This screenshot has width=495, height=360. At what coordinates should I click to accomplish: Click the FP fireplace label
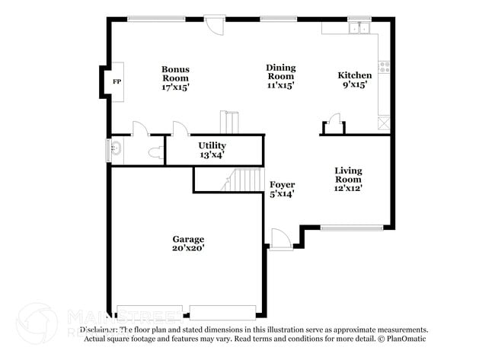click(117, 81)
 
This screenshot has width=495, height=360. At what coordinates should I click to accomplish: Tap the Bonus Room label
click(175, 74)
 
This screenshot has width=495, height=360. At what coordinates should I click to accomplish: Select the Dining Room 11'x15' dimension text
click(280, 85)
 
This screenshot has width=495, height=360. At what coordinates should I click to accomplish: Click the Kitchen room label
click(355, 75)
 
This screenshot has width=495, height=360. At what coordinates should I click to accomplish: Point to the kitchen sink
click(358, 29)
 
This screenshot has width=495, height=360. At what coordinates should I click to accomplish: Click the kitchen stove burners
click(385, 67)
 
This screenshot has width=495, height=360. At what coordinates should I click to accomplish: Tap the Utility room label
click(212, 145)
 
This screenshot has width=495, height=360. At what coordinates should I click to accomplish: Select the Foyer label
click(282, 185)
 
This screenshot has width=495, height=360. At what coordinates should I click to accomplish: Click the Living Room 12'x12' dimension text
click(347, 187)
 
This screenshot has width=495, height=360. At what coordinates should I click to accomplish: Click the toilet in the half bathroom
click(155, 153)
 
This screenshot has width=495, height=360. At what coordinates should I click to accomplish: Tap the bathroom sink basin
click(115, 148)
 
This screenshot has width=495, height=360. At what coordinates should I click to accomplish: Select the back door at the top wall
click(216, 26)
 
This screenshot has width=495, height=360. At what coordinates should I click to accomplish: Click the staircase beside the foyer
click(245, 180)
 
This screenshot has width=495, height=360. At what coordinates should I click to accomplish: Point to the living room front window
click(351, 227)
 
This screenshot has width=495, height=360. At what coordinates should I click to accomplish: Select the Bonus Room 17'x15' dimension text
click(175, 87)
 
